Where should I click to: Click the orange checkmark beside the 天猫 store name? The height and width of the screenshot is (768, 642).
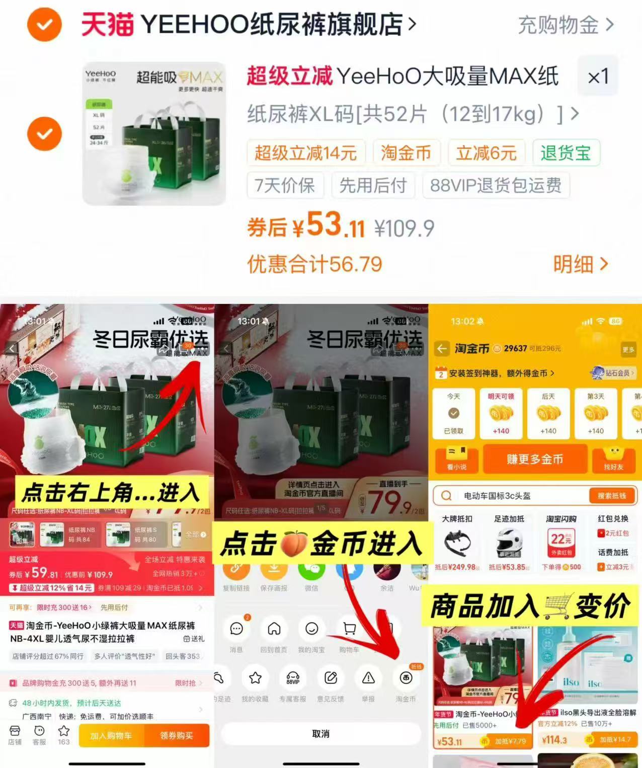(44, 24)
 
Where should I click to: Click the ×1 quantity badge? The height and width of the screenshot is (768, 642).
(598, 76)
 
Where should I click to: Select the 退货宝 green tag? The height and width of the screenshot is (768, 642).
(566, 152)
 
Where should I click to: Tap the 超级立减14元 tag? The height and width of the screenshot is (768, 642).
(305, 152)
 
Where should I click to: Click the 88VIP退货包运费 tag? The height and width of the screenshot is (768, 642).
(496, 185)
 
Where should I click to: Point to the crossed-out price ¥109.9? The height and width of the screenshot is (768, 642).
(404, 228)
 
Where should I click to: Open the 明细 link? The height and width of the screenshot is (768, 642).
(580, 263)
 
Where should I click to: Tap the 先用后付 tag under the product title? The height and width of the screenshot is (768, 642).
(373, 185)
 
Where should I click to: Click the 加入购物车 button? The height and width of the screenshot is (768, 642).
(111, 735)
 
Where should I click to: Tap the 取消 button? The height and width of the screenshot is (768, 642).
(320, 734)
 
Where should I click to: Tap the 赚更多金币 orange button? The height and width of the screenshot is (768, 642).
(535, 458)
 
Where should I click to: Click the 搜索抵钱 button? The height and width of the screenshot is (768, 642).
(611, 496)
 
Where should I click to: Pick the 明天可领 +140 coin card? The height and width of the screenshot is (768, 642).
(501, 413)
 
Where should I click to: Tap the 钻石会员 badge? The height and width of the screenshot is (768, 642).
(612, 373)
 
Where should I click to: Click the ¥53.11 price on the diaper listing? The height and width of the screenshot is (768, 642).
(449, 741)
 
